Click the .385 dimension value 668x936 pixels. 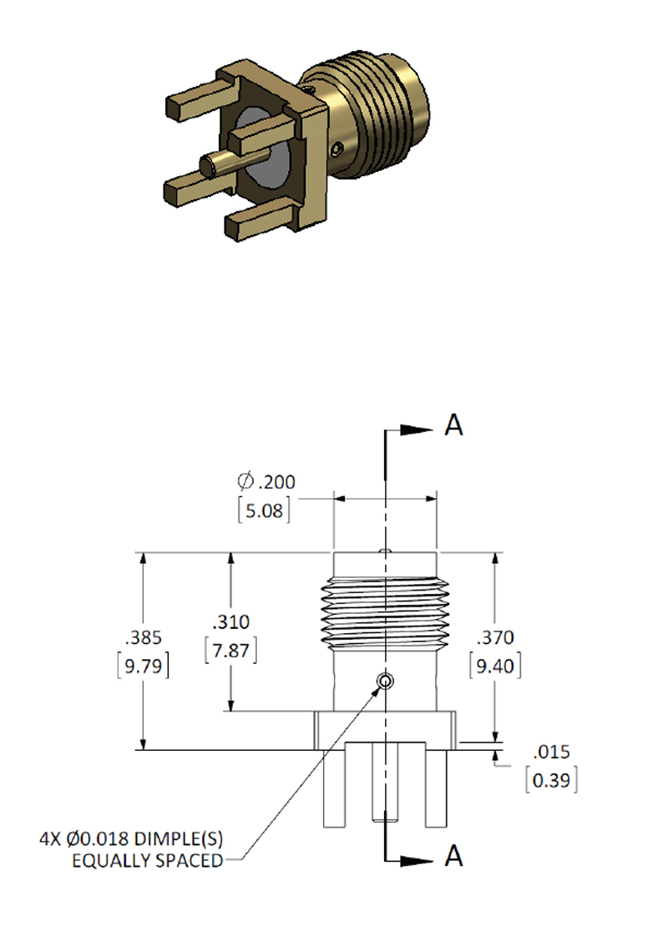coord(144,637)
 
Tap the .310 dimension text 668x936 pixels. coord(230,622)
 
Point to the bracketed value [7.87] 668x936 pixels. coord(230,650)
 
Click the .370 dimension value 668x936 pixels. coord(495,637)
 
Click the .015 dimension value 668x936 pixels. coord(551,752)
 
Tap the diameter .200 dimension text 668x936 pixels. coord(266,481)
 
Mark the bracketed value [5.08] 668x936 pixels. coord(264,511)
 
